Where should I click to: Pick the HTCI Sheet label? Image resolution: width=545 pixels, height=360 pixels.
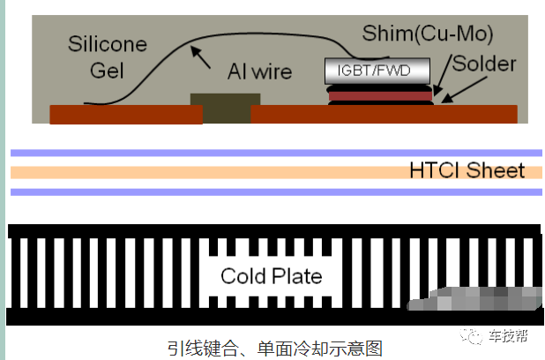point(467,170)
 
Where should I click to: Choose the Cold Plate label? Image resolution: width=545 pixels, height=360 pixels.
point(272,276)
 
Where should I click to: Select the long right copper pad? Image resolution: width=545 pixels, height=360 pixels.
point(384,114)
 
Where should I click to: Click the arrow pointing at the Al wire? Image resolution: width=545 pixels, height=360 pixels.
point(203,59)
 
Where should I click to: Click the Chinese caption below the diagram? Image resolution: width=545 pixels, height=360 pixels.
point(274,348)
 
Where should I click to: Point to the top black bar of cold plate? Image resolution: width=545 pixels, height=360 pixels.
point(273,231)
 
